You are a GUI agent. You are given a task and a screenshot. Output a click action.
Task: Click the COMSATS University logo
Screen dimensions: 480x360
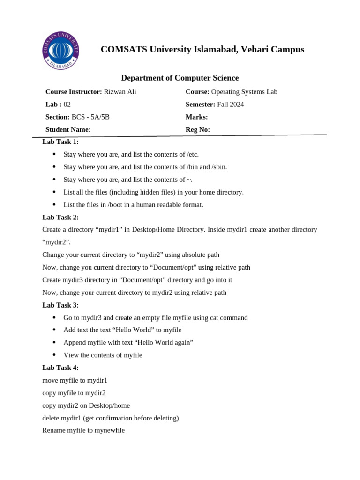pos(60,51)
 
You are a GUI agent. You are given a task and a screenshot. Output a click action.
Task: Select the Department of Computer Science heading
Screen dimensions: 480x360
pos(180,78)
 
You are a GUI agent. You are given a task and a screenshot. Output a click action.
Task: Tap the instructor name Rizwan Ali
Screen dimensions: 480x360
pos(120,92)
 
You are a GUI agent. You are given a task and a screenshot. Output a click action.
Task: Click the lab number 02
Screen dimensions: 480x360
pos(67,105)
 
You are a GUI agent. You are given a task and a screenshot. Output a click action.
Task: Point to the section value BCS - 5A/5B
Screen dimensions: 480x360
pos(90,117)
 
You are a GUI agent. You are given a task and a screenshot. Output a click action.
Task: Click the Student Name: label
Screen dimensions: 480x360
pos(68,130)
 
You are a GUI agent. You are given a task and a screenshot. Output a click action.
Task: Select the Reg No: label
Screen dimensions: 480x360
pos(197,130)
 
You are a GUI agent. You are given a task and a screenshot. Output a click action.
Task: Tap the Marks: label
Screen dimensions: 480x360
pos(196,117)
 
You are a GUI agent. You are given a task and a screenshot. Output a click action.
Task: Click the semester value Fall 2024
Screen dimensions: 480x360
pos(230,105)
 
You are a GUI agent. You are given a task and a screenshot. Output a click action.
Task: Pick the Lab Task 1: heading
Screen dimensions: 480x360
pos(60,142)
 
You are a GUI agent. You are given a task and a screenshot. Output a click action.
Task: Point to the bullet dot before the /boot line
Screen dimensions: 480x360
pos(54,204)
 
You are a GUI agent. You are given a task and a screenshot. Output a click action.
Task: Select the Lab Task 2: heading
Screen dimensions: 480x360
pos(60,217)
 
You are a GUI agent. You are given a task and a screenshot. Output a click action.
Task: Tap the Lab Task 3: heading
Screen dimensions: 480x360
pos(60,305)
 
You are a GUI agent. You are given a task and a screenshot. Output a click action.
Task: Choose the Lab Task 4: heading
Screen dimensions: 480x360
pos(60,367)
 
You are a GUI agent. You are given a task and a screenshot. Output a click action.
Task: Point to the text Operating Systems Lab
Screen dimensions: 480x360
pos(244,92)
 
